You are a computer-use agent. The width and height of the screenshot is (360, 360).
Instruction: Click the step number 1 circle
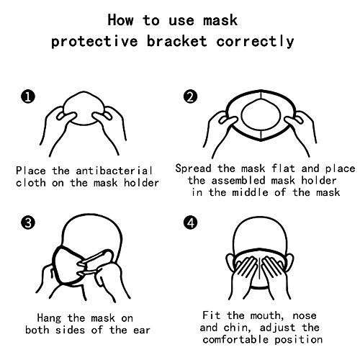pos(28,97)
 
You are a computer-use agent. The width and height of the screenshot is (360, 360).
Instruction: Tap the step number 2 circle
pos(190,97)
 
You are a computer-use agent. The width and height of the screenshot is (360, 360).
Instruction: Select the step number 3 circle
pos(28,222)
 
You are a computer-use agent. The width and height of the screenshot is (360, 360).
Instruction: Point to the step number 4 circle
pos(190,222)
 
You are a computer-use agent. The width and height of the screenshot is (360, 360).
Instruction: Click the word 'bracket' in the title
pos(176,41)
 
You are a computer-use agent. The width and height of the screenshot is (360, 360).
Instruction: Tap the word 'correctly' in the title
pos(255,42)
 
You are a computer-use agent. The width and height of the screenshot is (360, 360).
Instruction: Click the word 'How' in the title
pos(120,19)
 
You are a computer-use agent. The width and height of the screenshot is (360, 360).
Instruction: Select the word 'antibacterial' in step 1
pos(114,171)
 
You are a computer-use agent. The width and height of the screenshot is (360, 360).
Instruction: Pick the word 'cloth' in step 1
pos(31,183)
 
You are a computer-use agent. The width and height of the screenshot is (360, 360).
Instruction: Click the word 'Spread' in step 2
pos(193,168)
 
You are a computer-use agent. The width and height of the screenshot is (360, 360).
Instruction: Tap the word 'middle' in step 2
pos(250,192)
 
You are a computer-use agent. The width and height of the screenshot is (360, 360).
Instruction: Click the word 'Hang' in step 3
pos(49,318)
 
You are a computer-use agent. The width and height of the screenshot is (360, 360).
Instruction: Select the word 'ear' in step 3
pos(142,330)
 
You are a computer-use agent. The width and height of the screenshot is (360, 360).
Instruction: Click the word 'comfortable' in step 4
pos(235,340)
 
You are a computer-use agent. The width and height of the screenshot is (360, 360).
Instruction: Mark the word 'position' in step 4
pos(298,340)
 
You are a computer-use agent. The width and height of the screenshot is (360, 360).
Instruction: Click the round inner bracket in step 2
pos(241,115)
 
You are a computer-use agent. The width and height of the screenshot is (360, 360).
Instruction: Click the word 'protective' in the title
pos(94,42)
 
